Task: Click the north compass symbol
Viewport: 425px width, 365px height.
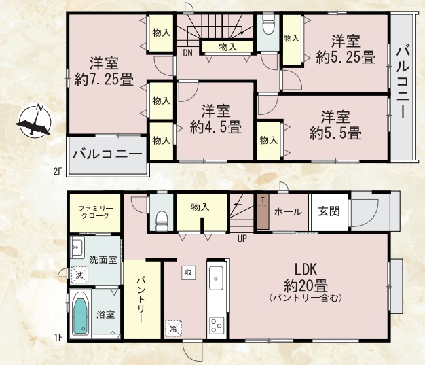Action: coord(35,121)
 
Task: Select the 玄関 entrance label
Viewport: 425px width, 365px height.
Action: coord(329,211)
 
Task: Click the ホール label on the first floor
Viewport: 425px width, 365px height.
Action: coord(288,212)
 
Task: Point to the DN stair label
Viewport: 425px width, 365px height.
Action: coord(187,53)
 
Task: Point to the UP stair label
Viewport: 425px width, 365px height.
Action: coord(242,239)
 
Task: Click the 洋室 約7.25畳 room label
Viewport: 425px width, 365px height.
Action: coord(104,71)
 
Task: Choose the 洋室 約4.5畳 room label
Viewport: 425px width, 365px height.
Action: coord(216,119)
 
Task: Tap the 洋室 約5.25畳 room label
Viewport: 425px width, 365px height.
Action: coord(346,49)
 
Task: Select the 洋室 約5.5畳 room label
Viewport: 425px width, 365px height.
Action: coord(335,125)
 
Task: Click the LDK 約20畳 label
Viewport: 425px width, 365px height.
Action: coord(306,282)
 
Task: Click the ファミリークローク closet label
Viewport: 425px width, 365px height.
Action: coord(96,212)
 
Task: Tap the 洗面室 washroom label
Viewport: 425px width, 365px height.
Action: coord(103,260)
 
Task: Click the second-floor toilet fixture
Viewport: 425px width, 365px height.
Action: coord(269,24)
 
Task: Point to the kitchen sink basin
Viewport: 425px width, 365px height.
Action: coord(217,278)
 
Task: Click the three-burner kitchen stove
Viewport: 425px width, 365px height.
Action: coord(217,326)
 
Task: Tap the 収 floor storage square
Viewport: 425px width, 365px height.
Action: coord(188,272)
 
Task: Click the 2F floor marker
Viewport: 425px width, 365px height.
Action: coord(58,171)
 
